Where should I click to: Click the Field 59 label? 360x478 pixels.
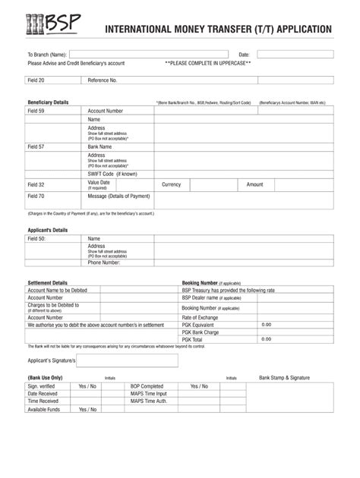36,111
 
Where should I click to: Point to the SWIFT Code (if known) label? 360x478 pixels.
112,174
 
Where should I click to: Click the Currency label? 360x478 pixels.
172,184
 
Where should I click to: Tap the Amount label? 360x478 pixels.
254,184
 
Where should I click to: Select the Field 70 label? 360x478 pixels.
36,196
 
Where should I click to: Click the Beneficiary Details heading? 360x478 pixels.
48,102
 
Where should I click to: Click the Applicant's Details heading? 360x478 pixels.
48,230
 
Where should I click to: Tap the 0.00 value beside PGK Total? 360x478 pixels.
267,339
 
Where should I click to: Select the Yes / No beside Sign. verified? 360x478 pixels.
87,386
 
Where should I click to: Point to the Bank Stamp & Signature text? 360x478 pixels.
284,377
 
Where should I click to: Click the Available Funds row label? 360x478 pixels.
43,410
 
